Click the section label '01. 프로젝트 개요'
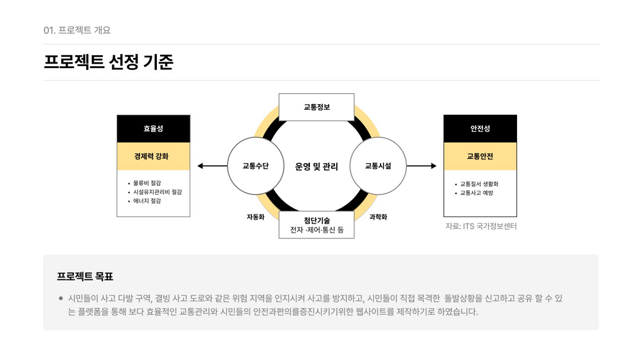tap(77, 30)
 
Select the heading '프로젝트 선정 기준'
tap(109, 62)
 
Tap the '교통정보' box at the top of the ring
tap(316, 107)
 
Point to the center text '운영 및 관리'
tap(316, 166)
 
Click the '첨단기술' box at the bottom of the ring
tap(316, 225)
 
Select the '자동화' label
tap(255, 216)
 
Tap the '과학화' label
tap(378, 216)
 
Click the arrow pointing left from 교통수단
tap(212, 166)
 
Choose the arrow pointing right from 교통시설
tap(421, 166)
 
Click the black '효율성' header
tap(154, 128)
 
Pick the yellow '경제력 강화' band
tap(154, 156)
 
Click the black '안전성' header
tap(480, 128)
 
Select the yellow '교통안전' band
tap(480, 156)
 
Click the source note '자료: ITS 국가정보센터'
tap(481, 226)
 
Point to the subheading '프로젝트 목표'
tap(85, 277)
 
